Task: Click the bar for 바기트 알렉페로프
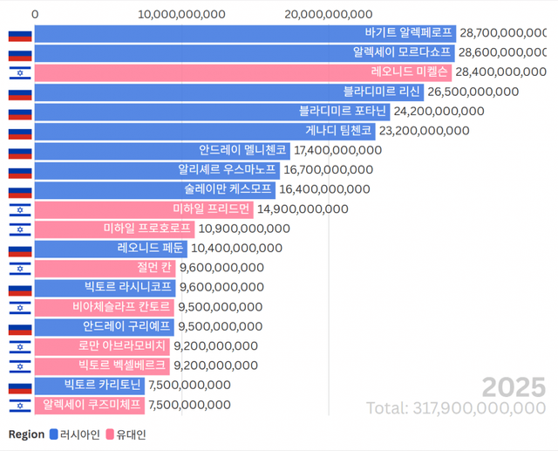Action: [x=244, y=33]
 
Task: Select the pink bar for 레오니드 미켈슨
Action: [x=244, y=72]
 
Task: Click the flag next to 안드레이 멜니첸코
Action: [x=20, y=150]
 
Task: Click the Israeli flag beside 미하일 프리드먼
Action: [x=20, y=208]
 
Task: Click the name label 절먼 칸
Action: [x=153, y=267]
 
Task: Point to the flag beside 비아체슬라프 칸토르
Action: [x=20, y=306]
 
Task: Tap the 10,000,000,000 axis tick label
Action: [x=182, y=14]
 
